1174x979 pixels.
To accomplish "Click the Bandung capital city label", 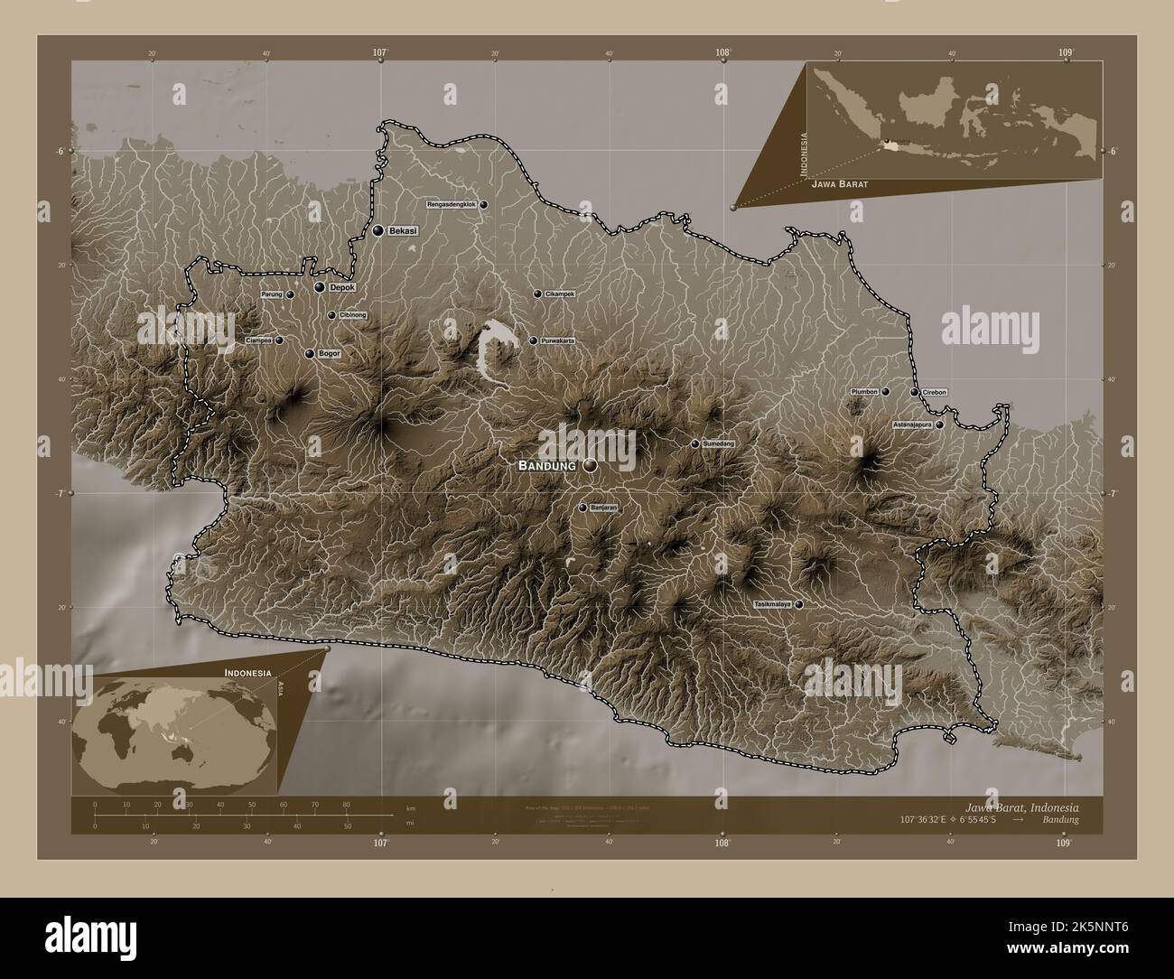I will (546, 465).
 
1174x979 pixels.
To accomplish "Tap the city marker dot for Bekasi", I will (377, 231).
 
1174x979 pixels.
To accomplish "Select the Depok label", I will (342, 287).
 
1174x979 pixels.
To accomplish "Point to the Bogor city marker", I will (311, 354).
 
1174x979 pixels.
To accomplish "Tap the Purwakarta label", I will (558, 341).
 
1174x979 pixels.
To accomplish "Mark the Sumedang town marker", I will (694, 444).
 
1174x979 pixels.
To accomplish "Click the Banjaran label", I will (603, 508).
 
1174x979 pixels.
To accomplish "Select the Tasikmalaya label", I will (772, 603).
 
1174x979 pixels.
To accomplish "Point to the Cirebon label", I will (935, 393).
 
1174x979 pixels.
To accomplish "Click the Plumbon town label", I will (863, 392).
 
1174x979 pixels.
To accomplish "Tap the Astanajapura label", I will (911, 424).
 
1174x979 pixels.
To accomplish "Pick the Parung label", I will (272, 294).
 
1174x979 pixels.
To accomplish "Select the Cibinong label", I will (353, 315).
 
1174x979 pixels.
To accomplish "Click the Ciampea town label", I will (259, 340).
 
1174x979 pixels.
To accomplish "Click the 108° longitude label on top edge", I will (722, 53).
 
